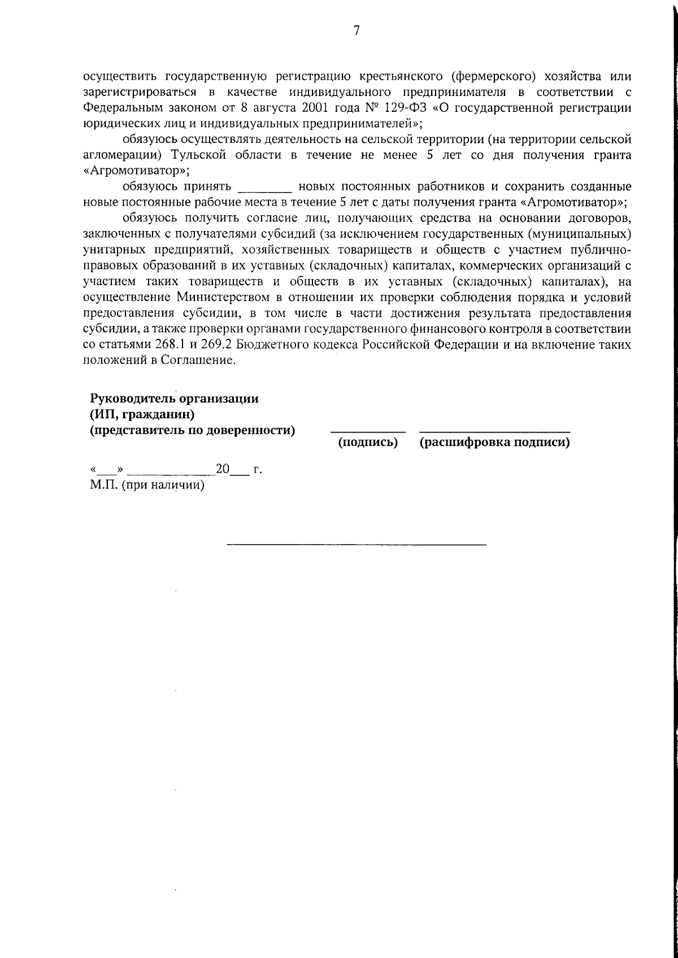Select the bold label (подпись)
(368, 442)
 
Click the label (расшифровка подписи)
(494, 442)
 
